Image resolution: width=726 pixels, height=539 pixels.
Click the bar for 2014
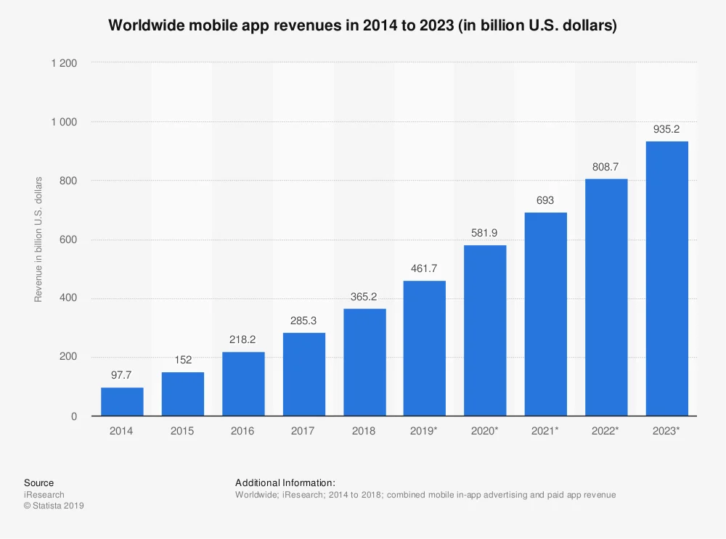coord(122,401)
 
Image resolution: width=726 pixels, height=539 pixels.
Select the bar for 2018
coord(364,362)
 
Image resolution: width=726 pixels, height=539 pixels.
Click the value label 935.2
coord(667,130)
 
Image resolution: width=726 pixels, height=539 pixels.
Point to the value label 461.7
coord(425,268)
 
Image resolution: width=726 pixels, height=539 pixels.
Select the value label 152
coord(183,360)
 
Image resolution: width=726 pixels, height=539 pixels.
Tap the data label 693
coord(546,200)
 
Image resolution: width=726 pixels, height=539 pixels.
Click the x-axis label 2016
coord(243,431)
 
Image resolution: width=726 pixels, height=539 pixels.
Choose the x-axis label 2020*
coord(485,431)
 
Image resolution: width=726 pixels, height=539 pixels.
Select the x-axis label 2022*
coord(606,431)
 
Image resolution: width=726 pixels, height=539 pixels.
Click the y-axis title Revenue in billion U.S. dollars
coord(38,239)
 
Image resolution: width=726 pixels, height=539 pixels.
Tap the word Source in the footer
coord(38,483)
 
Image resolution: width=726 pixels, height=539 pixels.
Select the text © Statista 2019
coord(54,506)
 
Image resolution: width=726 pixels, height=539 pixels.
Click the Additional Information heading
coord(285,483)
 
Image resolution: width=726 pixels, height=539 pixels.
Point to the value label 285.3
coord(304,321)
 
